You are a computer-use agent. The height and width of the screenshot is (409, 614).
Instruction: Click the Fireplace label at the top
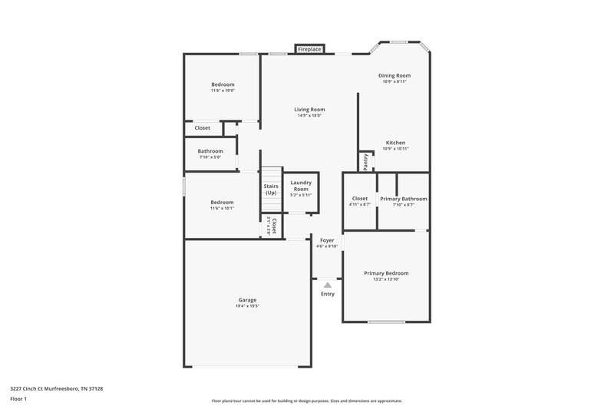309,49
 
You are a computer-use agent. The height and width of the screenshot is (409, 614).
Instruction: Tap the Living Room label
309,110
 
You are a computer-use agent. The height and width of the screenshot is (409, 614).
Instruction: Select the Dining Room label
394,75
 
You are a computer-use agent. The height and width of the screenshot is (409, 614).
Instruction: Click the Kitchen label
395,143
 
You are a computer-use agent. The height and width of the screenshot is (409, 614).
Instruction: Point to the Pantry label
366,161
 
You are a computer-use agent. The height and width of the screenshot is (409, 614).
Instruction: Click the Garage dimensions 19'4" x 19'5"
247,306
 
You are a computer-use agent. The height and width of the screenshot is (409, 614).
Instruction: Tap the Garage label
247,300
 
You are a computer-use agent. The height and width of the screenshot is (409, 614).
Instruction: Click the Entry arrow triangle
328,285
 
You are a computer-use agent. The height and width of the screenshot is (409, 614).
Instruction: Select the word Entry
328,294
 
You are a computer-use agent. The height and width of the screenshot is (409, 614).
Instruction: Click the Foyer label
327,240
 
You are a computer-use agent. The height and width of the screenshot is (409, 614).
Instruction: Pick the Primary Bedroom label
386,273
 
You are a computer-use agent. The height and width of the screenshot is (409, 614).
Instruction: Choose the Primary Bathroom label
404,199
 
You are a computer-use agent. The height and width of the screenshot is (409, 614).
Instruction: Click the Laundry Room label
301,186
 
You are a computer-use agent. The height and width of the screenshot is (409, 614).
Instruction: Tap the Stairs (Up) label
271,189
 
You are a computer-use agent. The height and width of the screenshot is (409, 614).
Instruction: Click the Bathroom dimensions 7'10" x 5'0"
210,157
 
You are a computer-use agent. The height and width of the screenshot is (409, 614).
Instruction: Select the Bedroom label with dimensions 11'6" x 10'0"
223,84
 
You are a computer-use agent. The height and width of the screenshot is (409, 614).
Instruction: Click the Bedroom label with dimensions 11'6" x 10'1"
223,202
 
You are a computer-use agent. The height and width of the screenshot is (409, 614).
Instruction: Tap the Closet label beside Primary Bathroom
360,199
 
